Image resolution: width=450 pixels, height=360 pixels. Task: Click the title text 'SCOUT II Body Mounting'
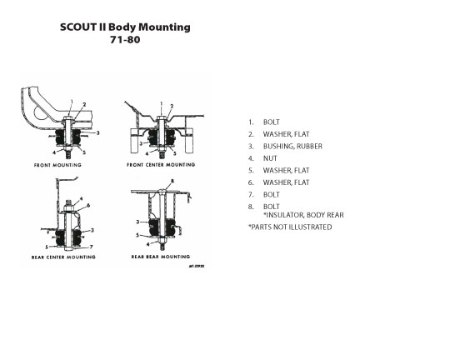(x=125, y=27)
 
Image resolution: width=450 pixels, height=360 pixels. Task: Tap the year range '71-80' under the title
(x=125, y=40)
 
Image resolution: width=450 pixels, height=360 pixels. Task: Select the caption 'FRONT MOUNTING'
(x=57, y=165)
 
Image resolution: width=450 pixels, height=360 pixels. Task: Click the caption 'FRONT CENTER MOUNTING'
(x=161, y=165)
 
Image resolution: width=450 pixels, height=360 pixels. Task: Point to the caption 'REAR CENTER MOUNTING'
(x=63, y=257)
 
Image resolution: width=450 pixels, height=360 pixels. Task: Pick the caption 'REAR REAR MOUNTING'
(x=161, y=257)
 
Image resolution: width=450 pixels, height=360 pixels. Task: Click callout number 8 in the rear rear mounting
(x=172, y=181)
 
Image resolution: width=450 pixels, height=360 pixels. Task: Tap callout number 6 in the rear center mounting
(x=88, y=206)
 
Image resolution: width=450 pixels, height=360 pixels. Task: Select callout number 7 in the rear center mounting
(x=92, y=247)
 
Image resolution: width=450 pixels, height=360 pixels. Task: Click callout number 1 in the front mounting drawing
(x=72, y=102)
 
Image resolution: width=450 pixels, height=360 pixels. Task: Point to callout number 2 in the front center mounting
(x=172, y=106)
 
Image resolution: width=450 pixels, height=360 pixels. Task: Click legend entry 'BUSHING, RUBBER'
(x=292, y=147)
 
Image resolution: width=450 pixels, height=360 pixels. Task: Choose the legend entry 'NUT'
(x=270, y=158)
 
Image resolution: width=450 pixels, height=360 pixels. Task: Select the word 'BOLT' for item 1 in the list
(x=271, y=122)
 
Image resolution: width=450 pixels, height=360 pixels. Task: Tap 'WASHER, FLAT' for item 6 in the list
(x=286, y=182)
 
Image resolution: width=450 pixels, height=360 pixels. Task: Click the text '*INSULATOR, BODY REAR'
(x=303, y=215)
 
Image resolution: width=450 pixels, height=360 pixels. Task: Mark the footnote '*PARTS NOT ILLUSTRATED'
(x=290, y=227)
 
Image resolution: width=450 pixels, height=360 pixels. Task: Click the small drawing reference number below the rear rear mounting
(x=197, y=266)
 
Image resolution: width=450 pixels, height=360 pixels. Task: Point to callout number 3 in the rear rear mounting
(x=137, y=222)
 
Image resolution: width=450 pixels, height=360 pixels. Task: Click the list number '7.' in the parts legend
(x=251, y=195)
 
